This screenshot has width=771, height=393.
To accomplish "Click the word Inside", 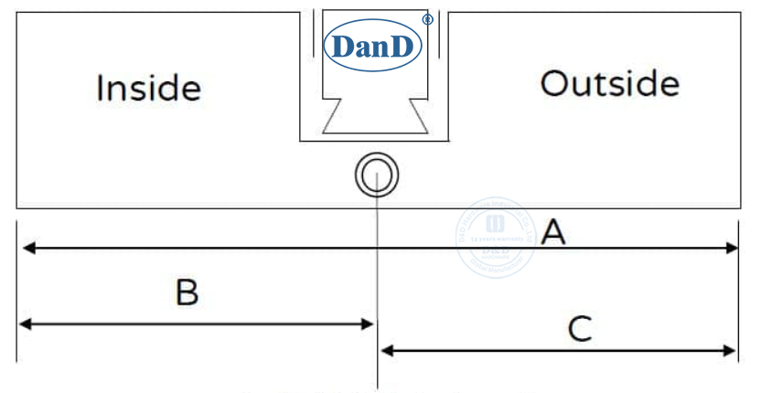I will coord(148,89).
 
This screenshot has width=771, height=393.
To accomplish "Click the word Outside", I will coord(609,84).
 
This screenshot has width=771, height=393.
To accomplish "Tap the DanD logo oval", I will coord(374,45).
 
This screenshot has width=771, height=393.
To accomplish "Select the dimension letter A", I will coord(553,233).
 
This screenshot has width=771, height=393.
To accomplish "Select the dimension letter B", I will coord(187,292).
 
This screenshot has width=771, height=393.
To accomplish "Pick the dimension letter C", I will coord(580,328).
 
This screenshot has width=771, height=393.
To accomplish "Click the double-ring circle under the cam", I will coord(377,174).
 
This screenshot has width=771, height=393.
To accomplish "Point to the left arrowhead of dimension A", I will coord(27,248).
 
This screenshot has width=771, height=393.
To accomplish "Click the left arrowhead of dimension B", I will coord(25,324).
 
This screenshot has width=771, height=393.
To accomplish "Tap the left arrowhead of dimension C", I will coord(386,350).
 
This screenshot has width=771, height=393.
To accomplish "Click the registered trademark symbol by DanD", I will coord(427,19).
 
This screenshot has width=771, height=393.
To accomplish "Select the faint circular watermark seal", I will coord(498,237).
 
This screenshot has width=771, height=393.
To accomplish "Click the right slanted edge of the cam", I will coord(417,116).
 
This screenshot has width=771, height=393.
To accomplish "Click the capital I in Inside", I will coord(100,89).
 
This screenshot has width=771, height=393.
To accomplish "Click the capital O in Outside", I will coord(553,84).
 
